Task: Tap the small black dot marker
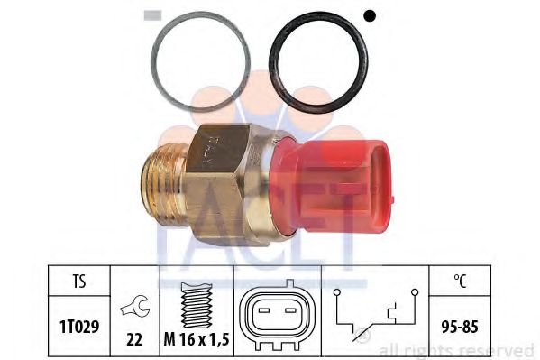click(x=368, y=14)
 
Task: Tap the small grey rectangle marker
click(x=153, y=14)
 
